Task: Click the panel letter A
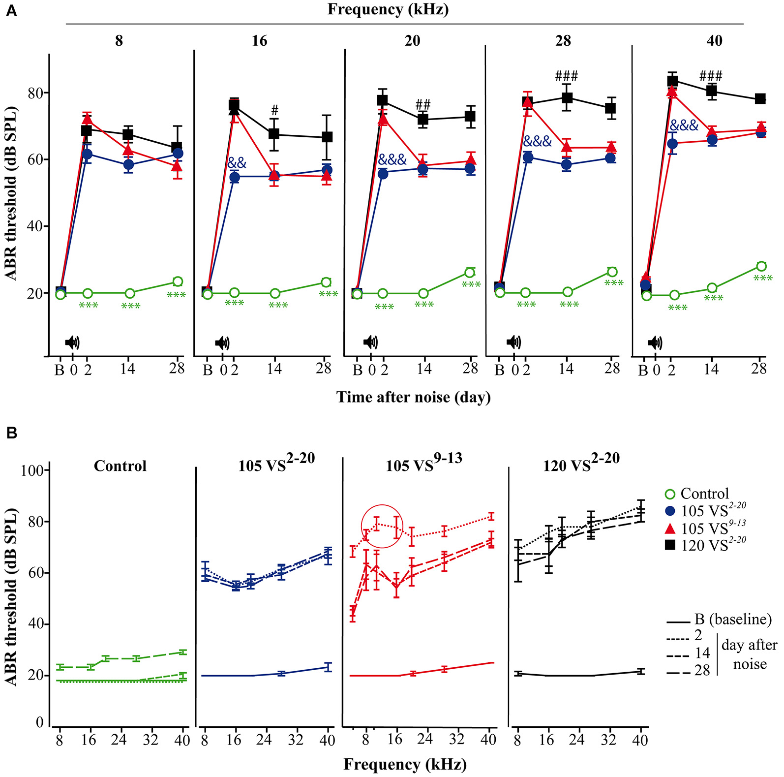coord(11,11)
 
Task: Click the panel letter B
coord(11,433)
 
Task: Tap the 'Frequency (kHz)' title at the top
coord(388,9)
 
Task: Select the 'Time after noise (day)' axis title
coord(413,397)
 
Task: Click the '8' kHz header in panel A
coord(119,40)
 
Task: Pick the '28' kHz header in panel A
coord(563,40)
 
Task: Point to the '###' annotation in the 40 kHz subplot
coord(711,76)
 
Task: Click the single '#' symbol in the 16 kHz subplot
coord(275,110)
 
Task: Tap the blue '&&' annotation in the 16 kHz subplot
coord(237,163)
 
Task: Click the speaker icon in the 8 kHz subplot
coord(72,342)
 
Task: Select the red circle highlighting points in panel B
coord(382,526)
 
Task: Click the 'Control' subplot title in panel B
coord(120,466)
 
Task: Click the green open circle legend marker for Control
coord(670,494)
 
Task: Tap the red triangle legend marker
coord(670,528)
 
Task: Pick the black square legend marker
coord(670,545)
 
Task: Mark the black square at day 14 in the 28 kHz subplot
coord(567,97)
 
